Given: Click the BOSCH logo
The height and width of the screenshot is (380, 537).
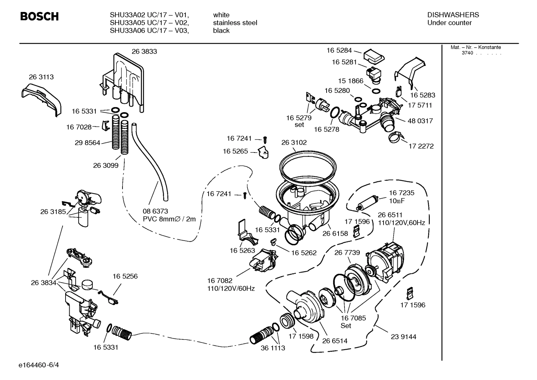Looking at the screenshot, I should coord(39,17).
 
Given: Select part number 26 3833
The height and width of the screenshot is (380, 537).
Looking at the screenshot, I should coord(144,51).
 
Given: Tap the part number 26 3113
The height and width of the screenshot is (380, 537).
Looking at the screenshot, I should coord(41,77).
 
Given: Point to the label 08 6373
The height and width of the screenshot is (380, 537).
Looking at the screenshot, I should coord(155,211).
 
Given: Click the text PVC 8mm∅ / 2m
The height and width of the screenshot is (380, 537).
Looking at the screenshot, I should coord(169,219).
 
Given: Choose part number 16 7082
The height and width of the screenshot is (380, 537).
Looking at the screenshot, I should coord(220,280).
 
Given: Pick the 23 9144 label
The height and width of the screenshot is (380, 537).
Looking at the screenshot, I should coord(403,337).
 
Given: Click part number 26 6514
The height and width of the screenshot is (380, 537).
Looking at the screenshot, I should coord(335,340).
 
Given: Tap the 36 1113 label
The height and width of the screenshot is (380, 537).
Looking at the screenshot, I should coord(273,348).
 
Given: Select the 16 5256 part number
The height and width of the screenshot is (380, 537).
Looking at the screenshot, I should coord(125,276).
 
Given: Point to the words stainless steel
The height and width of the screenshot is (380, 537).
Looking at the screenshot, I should coord(235,23).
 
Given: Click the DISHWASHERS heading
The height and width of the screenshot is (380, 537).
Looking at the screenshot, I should coord(453,15).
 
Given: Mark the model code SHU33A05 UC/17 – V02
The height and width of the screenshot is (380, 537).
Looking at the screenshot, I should coord(149,23).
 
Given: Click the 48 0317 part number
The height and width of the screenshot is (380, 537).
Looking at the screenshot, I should coord(420,121).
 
